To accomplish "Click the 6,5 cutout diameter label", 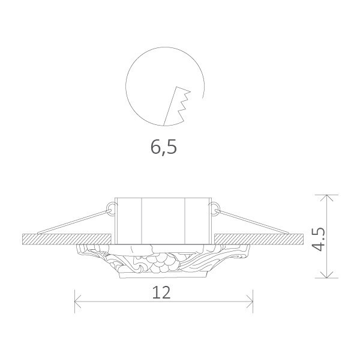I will (x=164, y=147).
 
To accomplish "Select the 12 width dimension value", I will (x=162, y=292).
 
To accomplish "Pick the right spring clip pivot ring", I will (x=214, y=208).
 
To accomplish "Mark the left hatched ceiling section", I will (x=66, y=239).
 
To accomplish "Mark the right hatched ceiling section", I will (x=258, y=239).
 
